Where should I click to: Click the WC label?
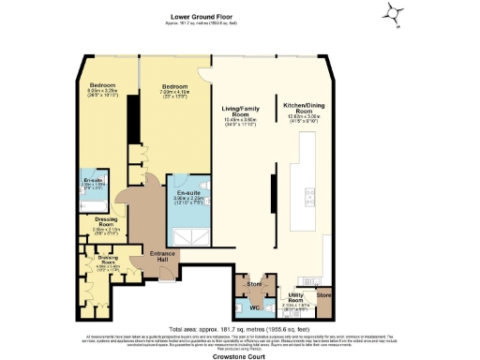(254, 307)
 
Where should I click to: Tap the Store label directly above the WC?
(254, 282)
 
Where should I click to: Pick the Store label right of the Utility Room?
(324, 296)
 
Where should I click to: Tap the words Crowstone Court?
(240, 352)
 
